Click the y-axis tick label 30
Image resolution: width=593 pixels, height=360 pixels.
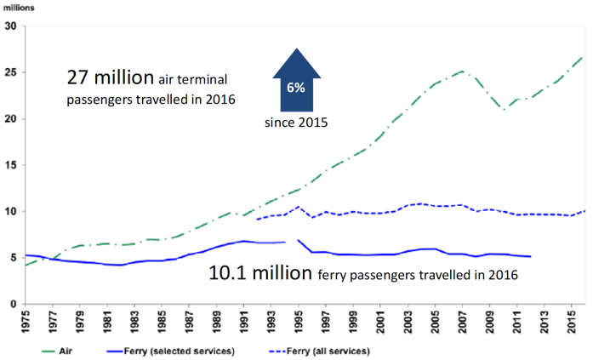(10, 26)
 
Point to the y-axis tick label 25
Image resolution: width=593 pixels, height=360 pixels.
(10, 72)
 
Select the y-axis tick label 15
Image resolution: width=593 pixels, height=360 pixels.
(10, 165)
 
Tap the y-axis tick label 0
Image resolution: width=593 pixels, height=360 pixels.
(14, 304)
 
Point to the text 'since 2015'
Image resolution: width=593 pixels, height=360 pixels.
(294, 122)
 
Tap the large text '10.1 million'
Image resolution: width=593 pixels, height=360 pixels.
(259, 274)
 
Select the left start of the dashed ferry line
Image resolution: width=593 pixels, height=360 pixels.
(257, 219)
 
